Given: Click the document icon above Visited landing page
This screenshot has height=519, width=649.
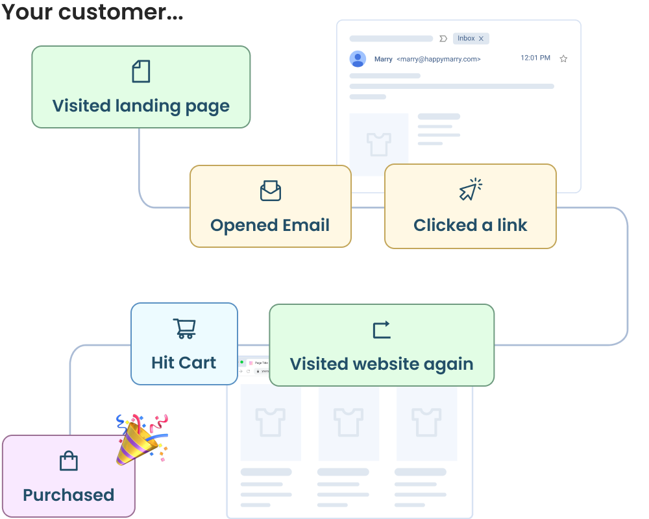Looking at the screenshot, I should [141, 71].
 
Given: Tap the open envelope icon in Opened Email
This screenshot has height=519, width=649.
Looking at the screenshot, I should [270, 191].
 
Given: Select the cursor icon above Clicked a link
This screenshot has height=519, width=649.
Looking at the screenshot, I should [471, 190].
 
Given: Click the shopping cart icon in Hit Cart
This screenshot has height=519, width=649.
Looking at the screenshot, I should [184, 328].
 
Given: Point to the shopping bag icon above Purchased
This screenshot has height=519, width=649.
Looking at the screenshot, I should [68, 461].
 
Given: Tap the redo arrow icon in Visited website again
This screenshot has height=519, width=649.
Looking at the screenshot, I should [382, 330].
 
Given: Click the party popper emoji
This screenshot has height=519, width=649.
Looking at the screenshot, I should [141, 439].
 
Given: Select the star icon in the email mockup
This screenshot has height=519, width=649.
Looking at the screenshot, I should [563, 58].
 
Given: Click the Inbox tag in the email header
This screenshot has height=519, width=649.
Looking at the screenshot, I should [471, 39].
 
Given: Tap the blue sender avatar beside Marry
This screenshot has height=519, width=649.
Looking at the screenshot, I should [358, 59].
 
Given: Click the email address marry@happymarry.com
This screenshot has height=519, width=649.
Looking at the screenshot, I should [439, 59].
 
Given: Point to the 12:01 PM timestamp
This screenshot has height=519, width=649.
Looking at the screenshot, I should [535, 58].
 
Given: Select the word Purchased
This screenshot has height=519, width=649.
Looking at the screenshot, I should [68, 495].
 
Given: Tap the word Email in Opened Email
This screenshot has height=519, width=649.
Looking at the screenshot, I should [306, 225].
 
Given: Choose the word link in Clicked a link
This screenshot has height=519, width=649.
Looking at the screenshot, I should [512, 225].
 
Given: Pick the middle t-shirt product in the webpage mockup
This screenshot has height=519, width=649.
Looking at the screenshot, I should [349, 422].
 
